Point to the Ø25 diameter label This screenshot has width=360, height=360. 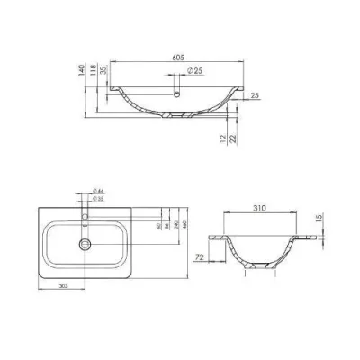193,70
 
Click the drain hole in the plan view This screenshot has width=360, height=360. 86,243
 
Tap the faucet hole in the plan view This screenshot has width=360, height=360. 86,218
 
